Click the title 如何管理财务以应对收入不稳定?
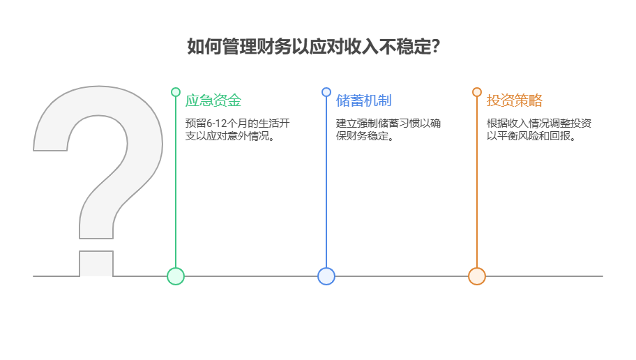pos(313,47)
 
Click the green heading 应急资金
pos(213,100)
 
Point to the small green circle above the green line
pos(176,92)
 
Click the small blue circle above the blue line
pos(326,92)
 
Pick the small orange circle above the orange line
pos(477,92)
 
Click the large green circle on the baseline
pos(176,276)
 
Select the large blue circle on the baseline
pos(326,276)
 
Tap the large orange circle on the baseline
pos(477,276)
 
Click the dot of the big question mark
pos(96,263)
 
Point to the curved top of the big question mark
pos(98,105)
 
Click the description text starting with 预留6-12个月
pos(237,130)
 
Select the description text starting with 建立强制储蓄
pos(388,130)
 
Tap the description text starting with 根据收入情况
pos(539,130)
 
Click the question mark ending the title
pos(436,47)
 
